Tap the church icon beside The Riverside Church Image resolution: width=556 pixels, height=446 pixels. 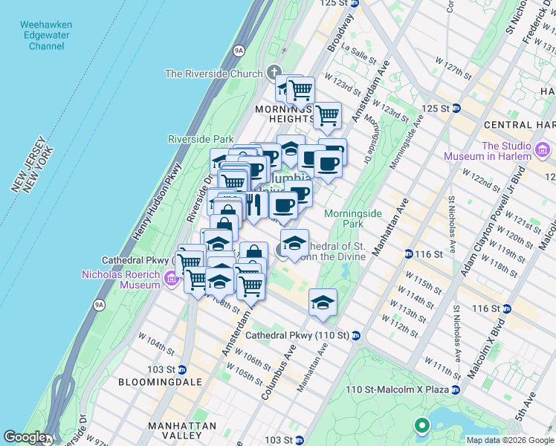(x=275, y=74)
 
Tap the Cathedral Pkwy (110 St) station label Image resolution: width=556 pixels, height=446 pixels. (x=297, y=336)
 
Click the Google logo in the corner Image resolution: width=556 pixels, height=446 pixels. (x=24, y=437)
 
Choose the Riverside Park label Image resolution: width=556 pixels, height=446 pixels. (x=201, y=139)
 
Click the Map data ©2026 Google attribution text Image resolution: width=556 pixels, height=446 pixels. (x=509, y=440)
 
